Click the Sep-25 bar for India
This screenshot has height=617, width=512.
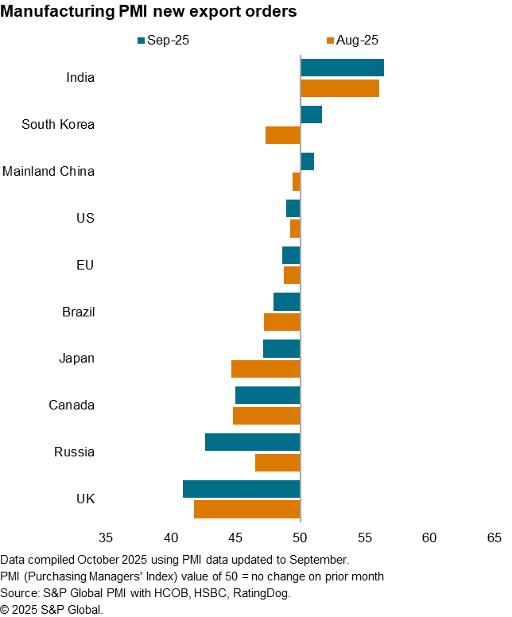(x=342, y=68)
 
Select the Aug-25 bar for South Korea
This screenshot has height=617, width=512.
(x=282, y=135)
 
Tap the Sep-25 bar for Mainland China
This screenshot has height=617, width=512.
(x=307, y=161)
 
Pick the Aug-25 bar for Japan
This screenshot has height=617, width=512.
(x=266, y=369)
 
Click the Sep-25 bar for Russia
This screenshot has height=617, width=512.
(x=252, y=442)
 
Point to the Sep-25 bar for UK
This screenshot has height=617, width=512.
(x=241, y=489)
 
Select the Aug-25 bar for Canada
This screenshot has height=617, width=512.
(x=266, y=416)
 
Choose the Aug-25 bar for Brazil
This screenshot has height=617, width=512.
(x=281, y=322)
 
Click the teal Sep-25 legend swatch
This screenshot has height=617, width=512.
(x=141, y=40)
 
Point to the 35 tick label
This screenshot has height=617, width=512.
(x=106, y=538)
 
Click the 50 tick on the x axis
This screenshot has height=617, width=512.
(x=300, y=538)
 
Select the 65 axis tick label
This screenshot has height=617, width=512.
(x=494, y=538)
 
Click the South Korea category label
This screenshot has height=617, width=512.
(x=58, y=124)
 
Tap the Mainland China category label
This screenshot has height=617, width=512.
(x=48, y=171)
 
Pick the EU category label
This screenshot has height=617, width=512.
(x=84, y=265)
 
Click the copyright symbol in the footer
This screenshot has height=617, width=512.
(x=6, y=609)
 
